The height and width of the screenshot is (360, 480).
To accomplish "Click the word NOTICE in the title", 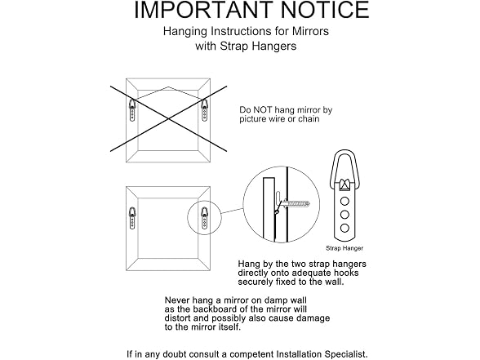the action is (x=325, y=10).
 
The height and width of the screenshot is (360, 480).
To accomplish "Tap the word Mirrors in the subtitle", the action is (x=310, y=31).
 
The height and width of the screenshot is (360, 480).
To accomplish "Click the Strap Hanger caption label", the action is (x=344, y=248).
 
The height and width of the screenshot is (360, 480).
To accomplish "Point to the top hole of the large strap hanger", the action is (x=344, y=201).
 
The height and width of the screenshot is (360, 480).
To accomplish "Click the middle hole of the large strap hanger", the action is (x=344, y=215).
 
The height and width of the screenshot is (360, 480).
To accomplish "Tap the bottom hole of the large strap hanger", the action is (x=344, y=228).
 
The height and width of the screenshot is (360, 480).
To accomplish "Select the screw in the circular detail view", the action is (x=296, y=203).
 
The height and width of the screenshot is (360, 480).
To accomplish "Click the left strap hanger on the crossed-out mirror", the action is (x=132, y=109).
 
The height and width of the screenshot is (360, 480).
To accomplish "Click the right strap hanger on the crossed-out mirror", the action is (x=204, y=109).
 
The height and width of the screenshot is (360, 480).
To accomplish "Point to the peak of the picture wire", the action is (x=168, y=87).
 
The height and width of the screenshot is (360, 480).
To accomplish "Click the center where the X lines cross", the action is (x=168, y=119).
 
